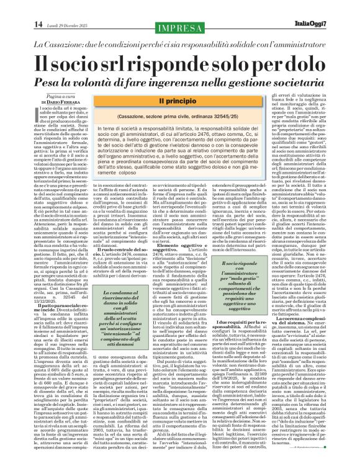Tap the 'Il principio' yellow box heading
tap(180, 101)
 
